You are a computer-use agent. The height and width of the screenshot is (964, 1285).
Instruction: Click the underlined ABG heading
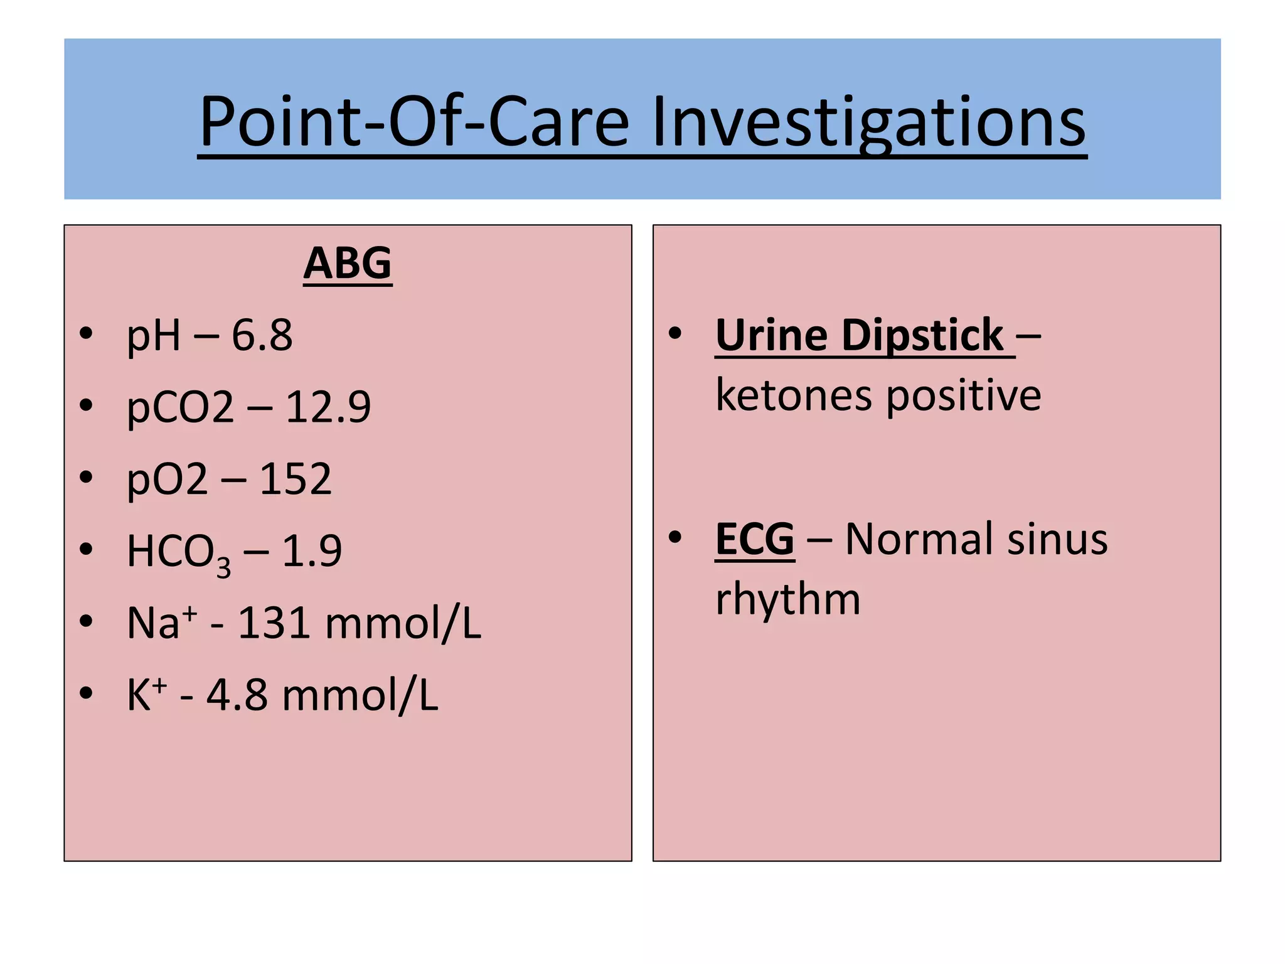[348, 264]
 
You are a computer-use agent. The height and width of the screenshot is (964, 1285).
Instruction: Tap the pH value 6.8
[262, 335]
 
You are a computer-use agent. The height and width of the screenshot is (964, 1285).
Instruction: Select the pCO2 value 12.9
[328, 407]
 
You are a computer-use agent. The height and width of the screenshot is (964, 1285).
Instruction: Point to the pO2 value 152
[296, 479]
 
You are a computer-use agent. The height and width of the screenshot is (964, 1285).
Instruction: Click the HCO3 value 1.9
[312, 551]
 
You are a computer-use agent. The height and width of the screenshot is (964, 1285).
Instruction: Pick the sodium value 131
[274, 623]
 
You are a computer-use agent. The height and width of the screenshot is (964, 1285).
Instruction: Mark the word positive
[964, 395]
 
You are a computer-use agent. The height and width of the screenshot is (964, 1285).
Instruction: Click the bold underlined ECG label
[755, 539]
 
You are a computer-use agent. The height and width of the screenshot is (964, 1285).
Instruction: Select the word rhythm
[788, 599]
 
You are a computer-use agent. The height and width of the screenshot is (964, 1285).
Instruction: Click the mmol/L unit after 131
[403, 623]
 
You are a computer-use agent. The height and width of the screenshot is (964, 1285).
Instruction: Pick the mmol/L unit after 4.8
[360, 695]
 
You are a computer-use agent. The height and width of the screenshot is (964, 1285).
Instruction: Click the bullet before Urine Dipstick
[675, 333]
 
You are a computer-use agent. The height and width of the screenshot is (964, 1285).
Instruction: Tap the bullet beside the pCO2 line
[87, 405]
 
